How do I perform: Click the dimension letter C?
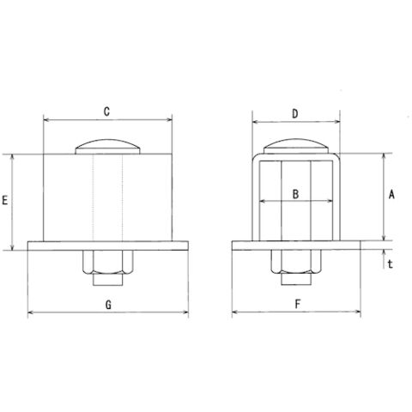[x=106, y=112]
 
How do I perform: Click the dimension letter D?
[x=295, y=114]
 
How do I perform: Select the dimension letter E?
[x=5, y=200]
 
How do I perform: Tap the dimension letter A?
[x=391, y=195]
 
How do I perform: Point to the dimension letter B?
[x=295, y=194]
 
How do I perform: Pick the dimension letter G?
[x=108, y=305]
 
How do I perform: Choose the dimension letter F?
[x=298, y=304]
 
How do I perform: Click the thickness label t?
[x=391, y=264]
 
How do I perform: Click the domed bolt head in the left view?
[x=107, y=147]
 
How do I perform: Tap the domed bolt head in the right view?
[x=296, y=147]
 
